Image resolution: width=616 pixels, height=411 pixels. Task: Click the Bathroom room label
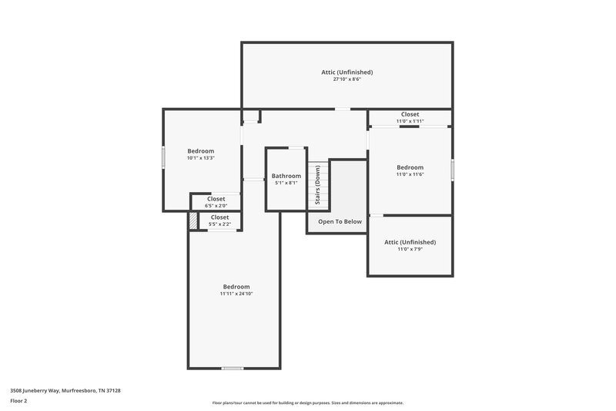286,176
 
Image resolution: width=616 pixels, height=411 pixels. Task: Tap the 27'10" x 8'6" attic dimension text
347,79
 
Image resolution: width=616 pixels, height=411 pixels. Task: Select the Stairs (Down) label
317,185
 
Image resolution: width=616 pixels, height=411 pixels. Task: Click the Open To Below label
340,221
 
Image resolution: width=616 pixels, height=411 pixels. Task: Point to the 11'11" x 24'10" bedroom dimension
236,294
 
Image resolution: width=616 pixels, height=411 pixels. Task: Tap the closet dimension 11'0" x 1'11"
410,121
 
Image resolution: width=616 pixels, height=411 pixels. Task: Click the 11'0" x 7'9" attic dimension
410,249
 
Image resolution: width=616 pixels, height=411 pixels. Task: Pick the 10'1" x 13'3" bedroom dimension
200,158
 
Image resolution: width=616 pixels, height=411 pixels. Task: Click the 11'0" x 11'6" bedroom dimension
410,174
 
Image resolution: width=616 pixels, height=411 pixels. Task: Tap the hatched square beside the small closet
192,221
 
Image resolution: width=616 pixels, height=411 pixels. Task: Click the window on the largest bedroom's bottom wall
233,368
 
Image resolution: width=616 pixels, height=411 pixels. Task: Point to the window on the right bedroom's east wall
452,169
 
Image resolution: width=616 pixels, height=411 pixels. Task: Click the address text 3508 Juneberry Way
65,390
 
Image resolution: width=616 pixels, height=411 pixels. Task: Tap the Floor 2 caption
18,401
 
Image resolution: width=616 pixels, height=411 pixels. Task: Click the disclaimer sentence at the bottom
307,403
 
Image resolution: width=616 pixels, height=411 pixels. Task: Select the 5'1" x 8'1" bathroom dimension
286,183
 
